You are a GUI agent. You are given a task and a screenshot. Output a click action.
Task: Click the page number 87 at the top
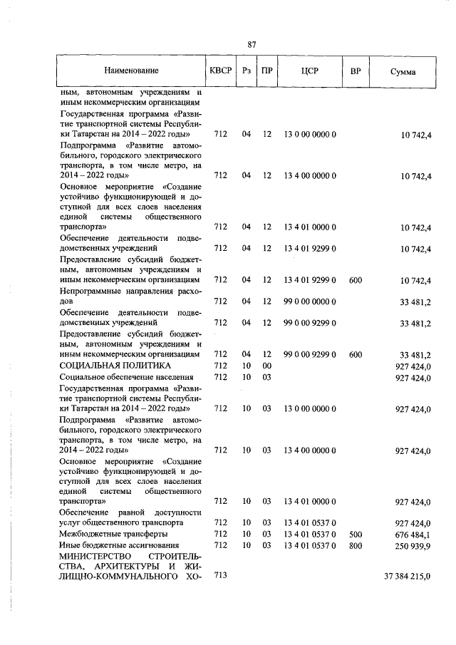click(x=252, y=45)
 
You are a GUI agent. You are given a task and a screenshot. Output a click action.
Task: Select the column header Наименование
click(x=131, y=71)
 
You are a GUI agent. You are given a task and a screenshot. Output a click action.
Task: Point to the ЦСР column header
click(x=309, y=71)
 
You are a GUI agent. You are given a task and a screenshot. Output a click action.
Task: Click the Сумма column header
click(x=404, y=72)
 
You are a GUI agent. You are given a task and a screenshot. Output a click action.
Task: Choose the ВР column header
click(x=356, y=71)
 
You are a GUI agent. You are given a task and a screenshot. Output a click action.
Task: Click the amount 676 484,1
click(x=413, y=534)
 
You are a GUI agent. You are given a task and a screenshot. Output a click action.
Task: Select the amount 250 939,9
click(x=413, y=545)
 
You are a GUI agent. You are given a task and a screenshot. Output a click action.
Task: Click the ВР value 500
click(x=356, y=534)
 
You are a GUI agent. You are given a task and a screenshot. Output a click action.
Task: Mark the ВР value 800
click(x=356, y=545)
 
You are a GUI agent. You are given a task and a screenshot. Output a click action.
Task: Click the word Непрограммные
click(x=90, y=291)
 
